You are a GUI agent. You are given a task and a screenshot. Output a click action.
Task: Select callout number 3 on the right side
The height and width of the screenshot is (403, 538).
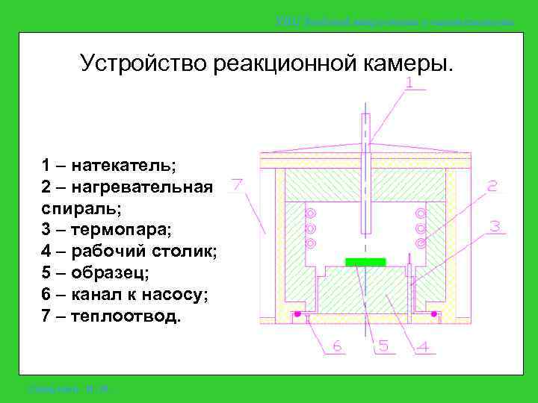pyautogui.click(x=495, y=227)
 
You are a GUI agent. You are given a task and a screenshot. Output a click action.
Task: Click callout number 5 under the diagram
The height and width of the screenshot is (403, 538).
pyautogui.click(x=383, y=346)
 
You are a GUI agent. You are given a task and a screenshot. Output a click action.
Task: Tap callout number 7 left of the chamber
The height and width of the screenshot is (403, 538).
pyautogui.click(x=239, y=184)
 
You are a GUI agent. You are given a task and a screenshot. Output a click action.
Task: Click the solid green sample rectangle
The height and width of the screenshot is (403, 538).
pyautogui.click(x=365, y=262)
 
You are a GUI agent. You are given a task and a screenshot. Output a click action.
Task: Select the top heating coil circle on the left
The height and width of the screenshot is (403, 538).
pyautogui.click(x=310, y=213)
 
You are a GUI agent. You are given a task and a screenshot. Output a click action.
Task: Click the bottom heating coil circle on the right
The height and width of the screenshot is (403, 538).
pyautogui.click(x=421, y=243)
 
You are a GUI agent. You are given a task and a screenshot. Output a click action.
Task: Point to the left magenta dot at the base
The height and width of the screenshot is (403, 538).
pyautogui.click(x=297, y=314)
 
